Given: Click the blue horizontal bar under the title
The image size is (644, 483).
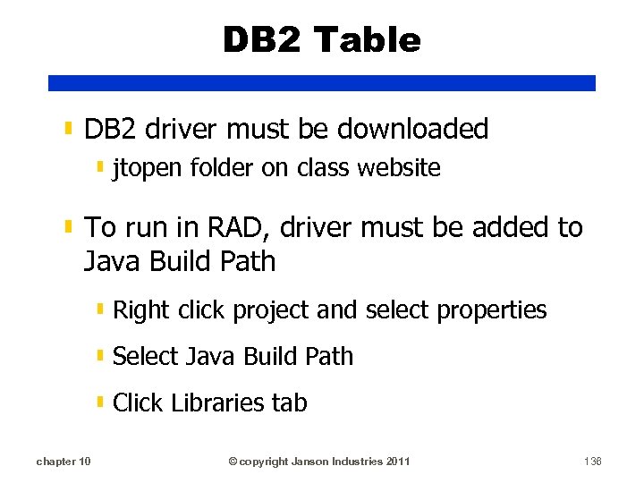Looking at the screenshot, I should point(322,82).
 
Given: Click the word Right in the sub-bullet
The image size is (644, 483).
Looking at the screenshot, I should point(141,310).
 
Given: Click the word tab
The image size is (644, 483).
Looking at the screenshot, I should point(289,403).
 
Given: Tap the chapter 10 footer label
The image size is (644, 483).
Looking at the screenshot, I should point(63,462).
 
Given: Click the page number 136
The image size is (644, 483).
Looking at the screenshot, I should point(592,462).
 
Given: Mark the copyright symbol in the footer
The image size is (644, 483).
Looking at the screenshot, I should point(233,462).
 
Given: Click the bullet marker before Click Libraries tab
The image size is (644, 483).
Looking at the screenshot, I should point(100,402).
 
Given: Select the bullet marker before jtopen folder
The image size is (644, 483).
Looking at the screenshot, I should point(100,167).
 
